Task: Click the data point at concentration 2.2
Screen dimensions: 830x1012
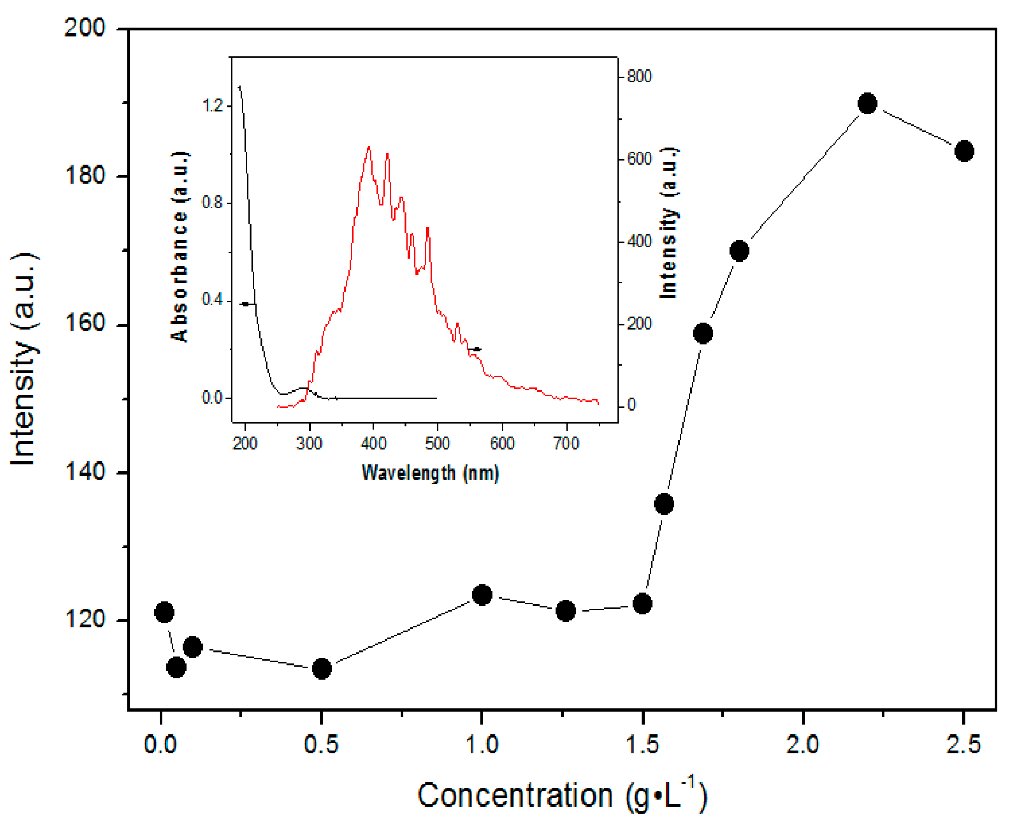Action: tap(867, 103)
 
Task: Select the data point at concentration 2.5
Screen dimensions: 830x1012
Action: tap(963, 151)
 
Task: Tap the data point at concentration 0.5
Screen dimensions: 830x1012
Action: tap(322, 668)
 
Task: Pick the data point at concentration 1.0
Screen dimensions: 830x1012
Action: tap(482, 595)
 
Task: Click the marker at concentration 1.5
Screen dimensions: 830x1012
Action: tap(642, 603)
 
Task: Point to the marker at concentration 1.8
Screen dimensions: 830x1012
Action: tap(739, 251)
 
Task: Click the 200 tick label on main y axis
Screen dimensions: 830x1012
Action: tap(85, 27)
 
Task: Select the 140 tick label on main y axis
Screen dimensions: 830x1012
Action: tap(85, 472)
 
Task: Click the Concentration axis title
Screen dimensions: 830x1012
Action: tap(562, 795)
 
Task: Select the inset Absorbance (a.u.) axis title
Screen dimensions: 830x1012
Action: tap(180, 246)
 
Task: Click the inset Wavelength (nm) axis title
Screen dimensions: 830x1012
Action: tap(430, 472)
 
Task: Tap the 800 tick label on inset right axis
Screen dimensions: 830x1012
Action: tap(639, 77)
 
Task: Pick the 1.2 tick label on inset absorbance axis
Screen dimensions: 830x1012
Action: tap(212, 106)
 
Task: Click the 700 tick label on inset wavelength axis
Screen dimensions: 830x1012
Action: tap(566, 444)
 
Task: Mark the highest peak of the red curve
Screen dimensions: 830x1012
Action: tap(369, 148)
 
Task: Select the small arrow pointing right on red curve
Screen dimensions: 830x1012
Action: tap(474, 349)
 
